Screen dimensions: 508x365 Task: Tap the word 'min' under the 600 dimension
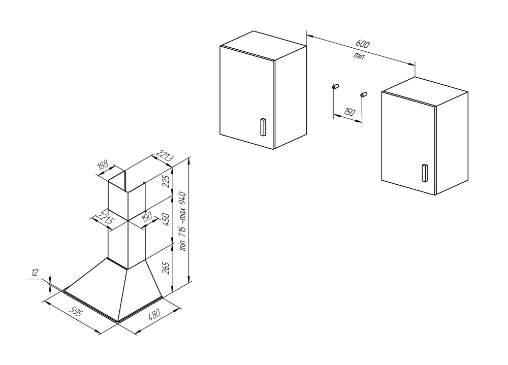coord(359,55)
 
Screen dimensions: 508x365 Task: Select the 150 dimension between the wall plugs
coord(348,112)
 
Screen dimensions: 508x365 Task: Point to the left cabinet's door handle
coord(263,127)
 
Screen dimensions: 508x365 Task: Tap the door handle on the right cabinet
coord(424,173)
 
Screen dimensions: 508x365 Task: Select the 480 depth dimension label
coord(154,314)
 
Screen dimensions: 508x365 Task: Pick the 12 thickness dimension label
coord(35,273)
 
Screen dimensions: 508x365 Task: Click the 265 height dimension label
coord(166,268)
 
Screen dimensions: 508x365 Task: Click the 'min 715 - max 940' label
coord(183,221)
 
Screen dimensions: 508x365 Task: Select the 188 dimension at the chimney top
coord(103,166)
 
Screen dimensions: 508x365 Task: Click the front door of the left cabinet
coord(247,97)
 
